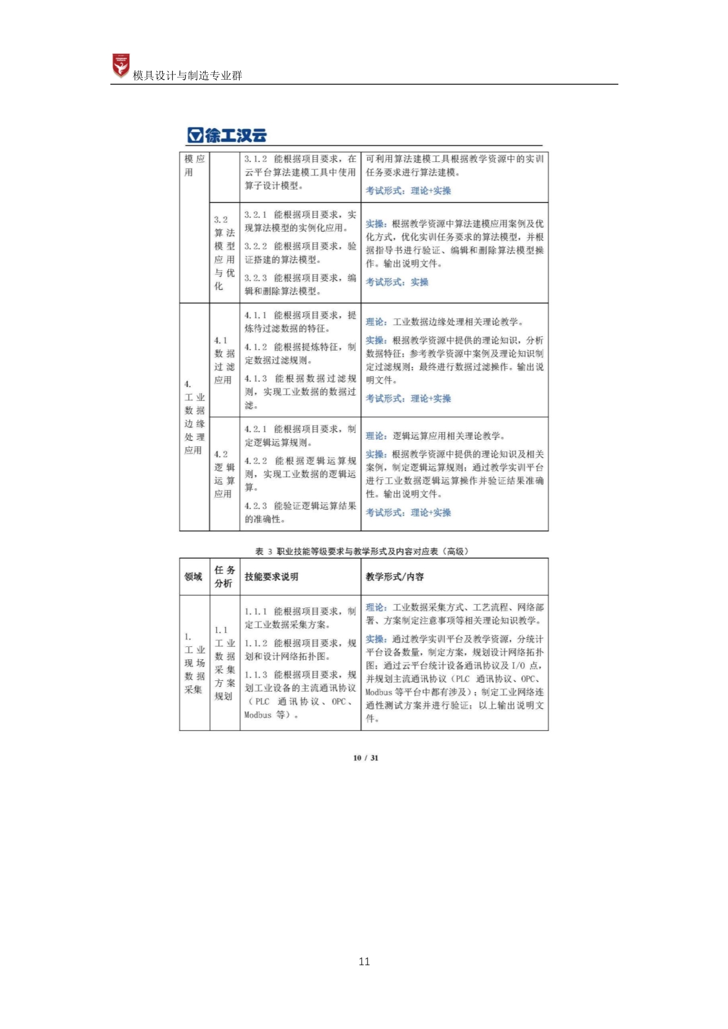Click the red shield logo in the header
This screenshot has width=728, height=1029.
(121, 66)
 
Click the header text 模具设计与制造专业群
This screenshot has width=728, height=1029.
(187, 75)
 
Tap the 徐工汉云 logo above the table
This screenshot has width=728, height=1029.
(227, 135)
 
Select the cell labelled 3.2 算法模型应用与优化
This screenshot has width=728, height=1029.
(224, 253)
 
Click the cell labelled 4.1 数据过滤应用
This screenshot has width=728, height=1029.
(224, 360)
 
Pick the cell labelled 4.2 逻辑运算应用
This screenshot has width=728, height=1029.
(224, 474)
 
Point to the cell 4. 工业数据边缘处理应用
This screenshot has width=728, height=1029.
(194, 417)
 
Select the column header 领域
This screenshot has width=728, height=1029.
(193, 576)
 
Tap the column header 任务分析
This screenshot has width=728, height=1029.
(224, 576)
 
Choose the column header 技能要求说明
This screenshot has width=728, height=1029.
(271, 576)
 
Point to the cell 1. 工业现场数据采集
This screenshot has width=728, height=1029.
(194, 663)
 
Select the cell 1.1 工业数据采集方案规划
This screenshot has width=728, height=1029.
(224, 663)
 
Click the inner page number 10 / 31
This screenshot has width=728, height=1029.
(366, 758)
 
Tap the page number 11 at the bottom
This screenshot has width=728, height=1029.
(364, 961)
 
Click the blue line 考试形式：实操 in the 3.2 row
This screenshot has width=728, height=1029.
(397, 282)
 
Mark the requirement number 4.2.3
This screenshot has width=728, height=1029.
(256, 505)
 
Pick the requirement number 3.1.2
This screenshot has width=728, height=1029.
(256, 158)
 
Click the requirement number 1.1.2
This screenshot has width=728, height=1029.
(256, 643)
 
